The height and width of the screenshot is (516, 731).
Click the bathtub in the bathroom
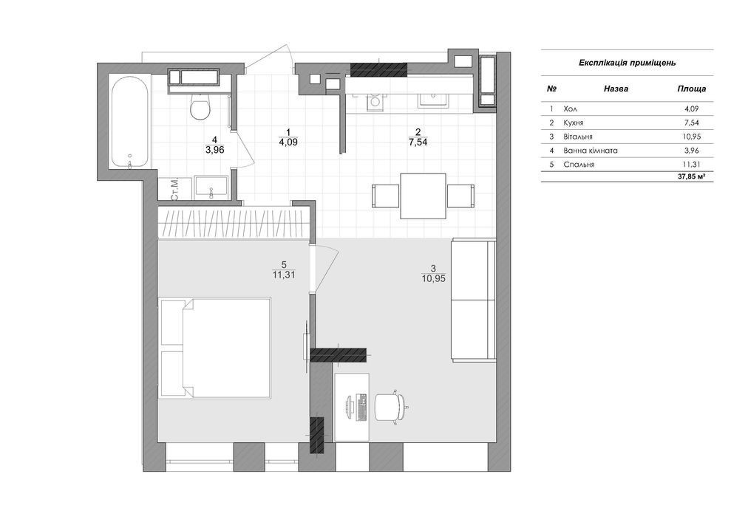pos(130,123)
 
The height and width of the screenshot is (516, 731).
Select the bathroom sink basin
pos(211,188)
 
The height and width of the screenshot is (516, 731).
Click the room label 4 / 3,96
pos(214,145)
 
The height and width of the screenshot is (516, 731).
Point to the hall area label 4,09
pos(288,142)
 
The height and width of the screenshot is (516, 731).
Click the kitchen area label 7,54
pos(418,142)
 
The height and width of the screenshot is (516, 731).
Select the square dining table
pos(424,196)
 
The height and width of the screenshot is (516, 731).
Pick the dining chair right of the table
pos(460,196)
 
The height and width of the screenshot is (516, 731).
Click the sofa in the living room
pos(473,299)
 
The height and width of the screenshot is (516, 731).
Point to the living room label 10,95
pos(434,279)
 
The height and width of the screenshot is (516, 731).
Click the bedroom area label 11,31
pos(284,275)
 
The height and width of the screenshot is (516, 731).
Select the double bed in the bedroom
pos(215,348)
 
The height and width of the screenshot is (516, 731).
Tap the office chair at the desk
pos(391,406)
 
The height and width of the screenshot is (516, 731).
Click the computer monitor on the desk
pos(349,407)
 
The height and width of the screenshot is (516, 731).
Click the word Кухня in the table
pos(574,123)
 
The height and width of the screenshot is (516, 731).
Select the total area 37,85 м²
pos(691,177)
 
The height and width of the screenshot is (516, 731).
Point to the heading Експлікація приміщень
pos(627,63)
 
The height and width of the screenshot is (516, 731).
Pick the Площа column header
pos(692,89)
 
